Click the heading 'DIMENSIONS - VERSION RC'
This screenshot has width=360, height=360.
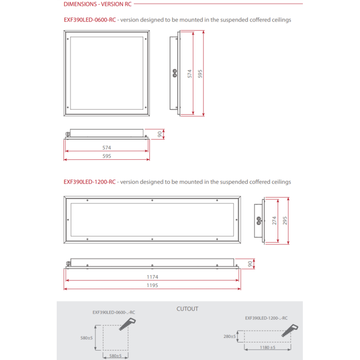[97, 4]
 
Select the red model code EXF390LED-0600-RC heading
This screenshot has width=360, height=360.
[90, 20]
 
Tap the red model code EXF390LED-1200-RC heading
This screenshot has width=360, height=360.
[90, 182]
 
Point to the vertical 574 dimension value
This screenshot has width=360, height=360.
[190, 74]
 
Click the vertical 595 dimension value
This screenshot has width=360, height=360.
[201, 74]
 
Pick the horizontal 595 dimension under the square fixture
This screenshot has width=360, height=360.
[107, 156]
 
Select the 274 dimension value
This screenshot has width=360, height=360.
[274, 220]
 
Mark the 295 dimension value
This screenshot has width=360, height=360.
[284, 220]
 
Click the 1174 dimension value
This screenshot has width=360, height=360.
[152, 277]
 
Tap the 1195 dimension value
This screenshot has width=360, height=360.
[152, 285]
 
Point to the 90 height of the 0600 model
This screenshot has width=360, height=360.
[160, 134]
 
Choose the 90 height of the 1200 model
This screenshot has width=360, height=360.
[251, 264]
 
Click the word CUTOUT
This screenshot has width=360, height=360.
[187, 309]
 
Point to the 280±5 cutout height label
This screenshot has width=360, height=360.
[229, 337]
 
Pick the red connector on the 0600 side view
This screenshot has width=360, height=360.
[173, 74]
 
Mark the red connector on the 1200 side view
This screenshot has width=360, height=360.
[258, 220]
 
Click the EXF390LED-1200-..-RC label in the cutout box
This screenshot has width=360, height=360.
[266, 318]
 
